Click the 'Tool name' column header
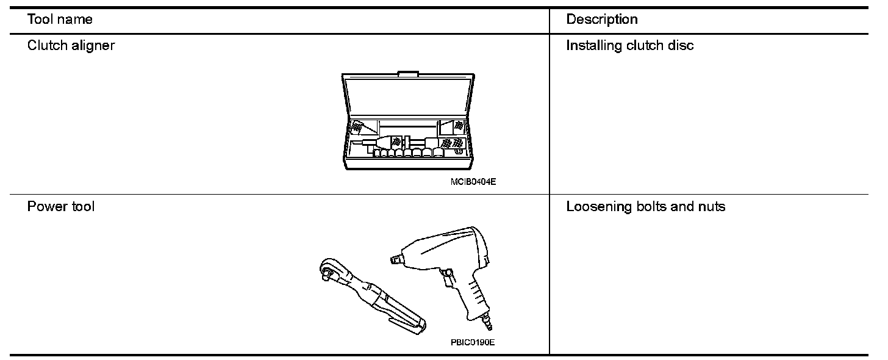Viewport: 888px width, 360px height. coord(60,20)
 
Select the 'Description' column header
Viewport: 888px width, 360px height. coord(601,20)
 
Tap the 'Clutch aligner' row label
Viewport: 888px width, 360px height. coord(71,46)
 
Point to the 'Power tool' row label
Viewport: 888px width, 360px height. coord(61,206)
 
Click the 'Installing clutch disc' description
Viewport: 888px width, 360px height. coord(629,46)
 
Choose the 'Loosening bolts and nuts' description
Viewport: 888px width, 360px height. coord(645,206)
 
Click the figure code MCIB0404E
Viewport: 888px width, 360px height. coord(473,181)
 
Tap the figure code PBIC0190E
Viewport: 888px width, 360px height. coord(473,342)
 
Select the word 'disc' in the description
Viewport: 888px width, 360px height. coord(681,46)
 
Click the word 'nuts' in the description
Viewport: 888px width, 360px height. coord(712,206)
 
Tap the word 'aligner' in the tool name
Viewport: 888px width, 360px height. coord(93,46)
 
